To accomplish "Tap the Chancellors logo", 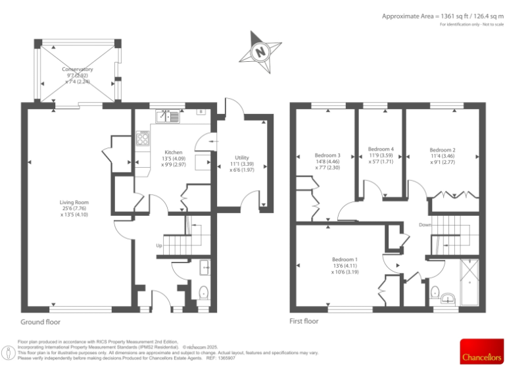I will (481, 352).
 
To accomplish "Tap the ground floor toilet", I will (203, 291).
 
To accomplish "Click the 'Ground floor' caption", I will (41, 322).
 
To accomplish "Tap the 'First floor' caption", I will (304, 322).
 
